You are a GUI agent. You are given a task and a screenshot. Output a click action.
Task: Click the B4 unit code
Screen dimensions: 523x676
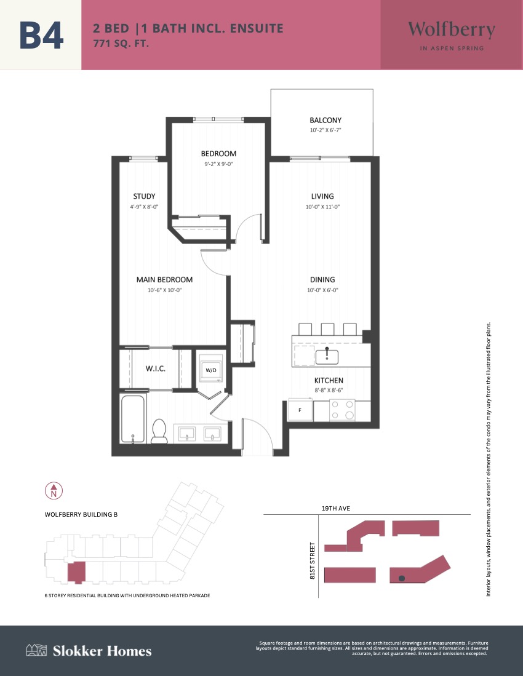pos(41,35)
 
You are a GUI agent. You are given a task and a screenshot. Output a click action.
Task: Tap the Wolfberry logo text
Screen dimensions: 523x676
pos(452,30)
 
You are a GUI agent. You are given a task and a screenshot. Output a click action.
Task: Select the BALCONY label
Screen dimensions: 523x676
pos(325,121)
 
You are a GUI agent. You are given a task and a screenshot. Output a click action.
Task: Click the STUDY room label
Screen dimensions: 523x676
pos(144,196)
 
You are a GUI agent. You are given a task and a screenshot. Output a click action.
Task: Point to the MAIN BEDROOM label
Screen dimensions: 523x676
pos(164,279)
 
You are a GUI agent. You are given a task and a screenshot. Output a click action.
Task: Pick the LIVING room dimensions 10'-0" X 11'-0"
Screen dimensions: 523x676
pos(322,207)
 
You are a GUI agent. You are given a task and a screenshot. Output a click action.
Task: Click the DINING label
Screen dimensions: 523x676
pos(322,279)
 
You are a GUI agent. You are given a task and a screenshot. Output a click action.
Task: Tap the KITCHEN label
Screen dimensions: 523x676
pos(329,380)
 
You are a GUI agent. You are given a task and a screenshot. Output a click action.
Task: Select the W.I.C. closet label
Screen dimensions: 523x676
pos(155,368)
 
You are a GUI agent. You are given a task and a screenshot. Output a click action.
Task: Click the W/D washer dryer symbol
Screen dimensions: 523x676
pos(211,369)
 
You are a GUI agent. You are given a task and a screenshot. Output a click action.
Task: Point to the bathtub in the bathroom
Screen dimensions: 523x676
pos(133,419)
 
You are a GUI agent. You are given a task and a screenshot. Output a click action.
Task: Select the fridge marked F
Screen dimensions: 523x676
pos(300,410)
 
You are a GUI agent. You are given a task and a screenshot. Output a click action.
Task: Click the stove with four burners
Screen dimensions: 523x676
pos(342,410)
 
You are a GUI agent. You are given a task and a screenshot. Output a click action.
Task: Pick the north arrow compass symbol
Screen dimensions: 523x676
pos(54,491)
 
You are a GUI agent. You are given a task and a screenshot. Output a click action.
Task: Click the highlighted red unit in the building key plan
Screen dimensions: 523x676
pos(76,573)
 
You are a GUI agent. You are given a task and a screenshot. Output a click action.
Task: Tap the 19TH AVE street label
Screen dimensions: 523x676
pos(336,508)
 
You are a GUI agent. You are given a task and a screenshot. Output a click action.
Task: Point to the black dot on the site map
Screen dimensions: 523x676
pos(402,578)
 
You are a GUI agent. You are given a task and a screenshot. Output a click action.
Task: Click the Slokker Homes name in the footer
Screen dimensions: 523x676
pos(102,651)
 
